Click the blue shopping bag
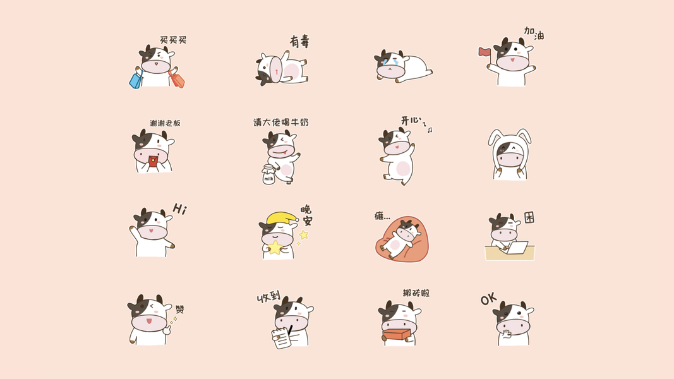[x=136, y=80]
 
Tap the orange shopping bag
[x=177, y=79]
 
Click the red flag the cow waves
[x=484, y=52]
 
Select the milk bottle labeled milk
[x=268, y=175]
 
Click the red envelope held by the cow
[x=153, y=162]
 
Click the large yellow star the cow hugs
[x=274, y=248]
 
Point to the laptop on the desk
[x=517, y=248]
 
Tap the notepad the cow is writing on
[x=282, y=338]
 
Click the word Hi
[x=179, y=209]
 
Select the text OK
[x=489, y=299]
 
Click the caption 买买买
[x=173, y=40]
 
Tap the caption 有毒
[x=299, y=41]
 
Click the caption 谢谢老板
[x=165, y=123]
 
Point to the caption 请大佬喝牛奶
[x=281, y=123]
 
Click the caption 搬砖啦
[x=416, y=293]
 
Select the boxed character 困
[x=529, y=217]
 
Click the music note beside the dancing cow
[x=430, y=129]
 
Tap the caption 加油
[x=534, y=33]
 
